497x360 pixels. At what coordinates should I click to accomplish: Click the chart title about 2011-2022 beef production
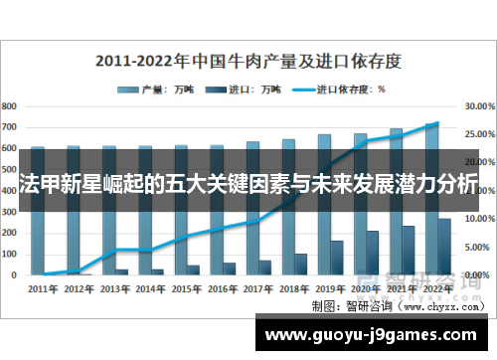click(x=248, y=61)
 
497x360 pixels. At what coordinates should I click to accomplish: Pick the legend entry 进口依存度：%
click(x=347, y=89)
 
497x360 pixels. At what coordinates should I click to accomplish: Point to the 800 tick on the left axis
click(x=9, y=104)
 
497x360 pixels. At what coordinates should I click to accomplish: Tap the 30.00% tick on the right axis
click(x=478, y=104)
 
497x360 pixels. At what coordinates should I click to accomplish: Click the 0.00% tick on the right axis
click(x=478, y=274)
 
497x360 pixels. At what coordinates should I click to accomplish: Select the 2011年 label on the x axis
click(x=44, y=288)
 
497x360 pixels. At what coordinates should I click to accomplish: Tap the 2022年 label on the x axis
click(x=438, y=288)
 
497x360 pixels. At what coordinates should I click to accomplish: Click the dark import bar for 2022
click(x=444, y=246)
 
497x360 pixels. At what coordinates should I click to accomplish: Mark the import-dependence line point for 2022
click(x=438, y=123)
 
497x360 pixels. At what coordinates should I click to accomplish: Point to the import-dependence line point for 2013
click(x=115, y=250)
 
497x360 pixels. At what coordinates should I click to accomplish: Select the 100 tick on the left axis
click(x=9, y=253)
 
